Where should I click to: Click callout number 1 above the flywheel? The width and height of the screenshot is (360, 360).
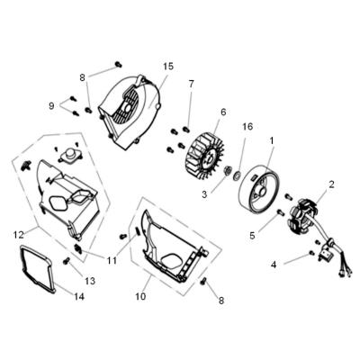coord(271,140)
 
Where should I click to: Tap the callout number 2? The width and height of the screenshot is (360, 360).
coord(332,184)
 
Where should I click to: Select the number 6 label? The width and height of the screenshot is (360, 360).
coord(221,112)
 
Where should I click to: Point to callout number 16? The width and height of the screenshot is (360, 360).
coord(247,128)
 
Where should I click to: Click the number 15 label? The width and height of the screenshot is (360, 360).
coord(168,67)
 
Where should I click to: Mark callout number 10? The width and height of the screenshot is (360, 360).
coord(141,295)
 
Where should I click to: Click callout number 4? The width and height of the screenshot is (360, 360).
coord(274,265)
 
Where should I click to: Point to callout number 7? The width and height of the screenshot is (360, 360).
coord(190,84)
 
